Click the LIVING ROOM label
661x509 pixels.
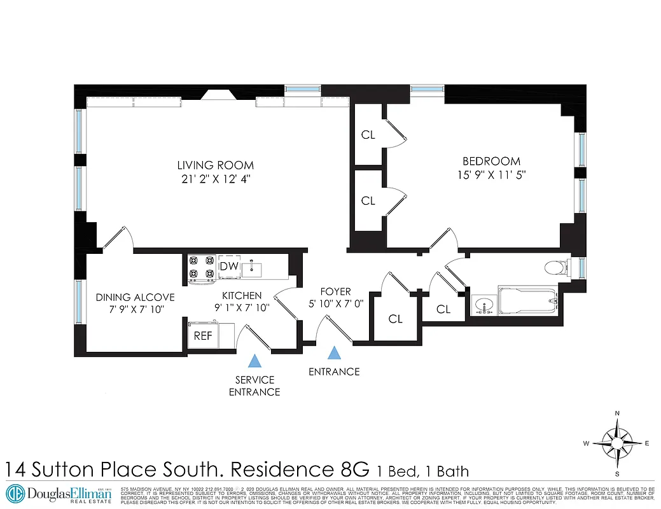[215, 165]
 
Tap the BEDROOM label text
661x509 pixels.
[491, 162]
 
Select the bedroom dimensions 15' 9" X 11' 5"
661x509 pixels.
[491, 174]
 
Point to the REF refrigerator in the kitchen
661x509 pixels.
[203, 335]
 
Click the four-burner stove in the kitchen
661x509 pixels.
[202, 267]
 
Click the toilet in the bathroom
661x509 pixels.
[557, 267]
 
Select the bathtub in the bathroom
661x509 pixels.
[528, 299]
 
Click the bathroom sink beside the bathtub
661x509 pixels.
[485, 304]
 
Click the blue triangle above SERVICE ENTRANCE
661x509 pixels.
[254, 361]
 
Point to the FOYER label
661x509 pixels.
[335, 292]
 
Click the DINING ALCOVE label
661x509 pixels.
[135, 297]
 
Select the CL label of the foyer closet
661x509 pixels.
[395, 319]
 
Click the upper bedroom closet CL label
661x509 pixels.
[368, 134]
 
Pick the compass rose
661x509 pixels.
[616, 443]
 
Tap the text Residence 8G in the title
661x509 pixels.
[299, 470]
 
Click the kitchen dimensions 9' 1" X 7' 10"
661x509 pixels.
[241, 307]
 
